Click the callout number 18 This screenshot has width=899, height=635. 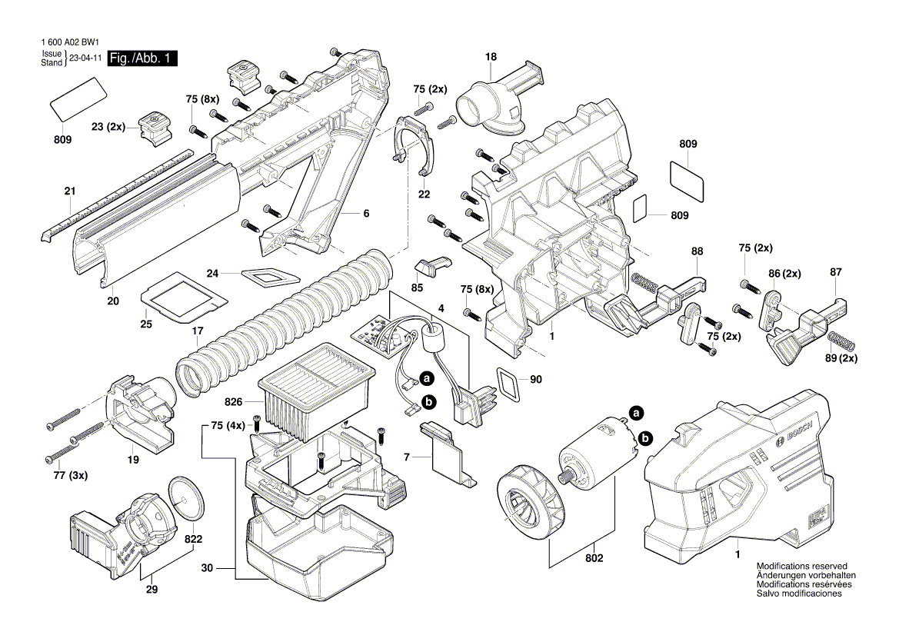tap(491, 57)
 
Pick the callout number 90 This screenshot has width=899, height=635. tap(536, 380)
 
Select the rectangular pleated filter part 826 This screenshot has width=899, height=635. tap(315, 392)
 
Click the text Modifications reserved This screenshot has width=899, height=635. tap(804, 566)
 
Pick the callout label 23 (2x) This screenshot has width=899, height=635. tap(107, 126)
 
